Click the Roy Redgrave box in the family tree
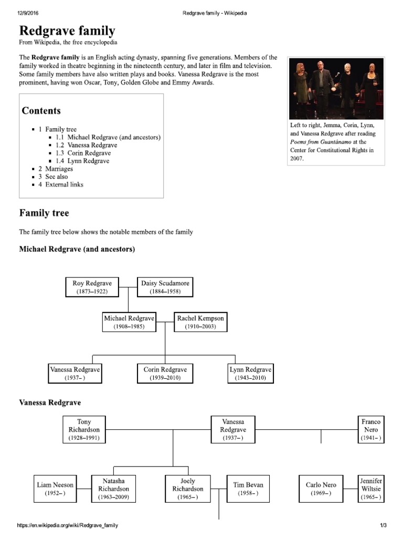[92, 287]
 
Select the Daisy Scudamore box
[165, 287]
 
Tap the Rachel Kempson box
[200, 322]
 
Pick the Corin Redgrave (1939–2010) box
[165, 374]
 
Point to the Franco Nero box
[371, 429]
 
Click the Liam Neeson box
[56, 489]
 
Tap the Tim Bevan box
[248, 489]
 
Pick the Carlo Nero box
[321, 489]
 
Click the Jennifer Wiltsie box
[371, 489]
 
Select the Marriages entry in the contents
[59, 169]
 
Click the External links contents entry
[64, 184]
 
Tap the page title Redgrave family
[67, 30]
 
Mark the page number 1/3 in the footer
[383, 525]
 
